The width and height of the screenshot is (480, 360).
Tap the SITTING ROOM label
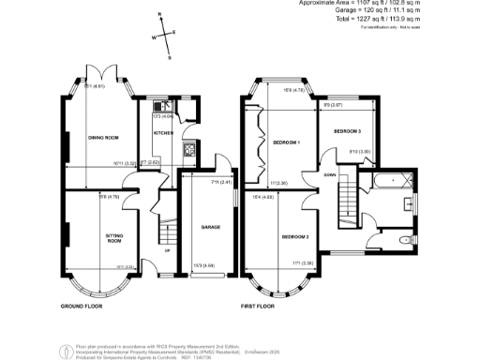(x=114, y=239)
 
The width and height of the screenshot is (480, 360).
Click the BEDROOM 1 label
(x=286, y=142)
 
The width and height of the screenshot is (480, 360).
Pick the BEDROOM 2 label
(x=295, y=235)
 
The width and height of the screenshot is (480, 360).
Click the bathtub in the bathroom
(x=392, y=177)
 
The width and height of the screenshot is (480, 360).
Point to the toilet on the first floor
(x=410, y=202)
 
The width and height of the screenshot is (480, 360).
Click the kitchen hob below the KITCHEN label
(x=187, y=150)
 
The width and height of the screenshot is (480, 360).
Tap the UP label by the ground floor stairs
(x=167, y=251)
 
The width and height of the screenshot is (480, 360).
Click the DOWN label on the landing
(x=330, y=175)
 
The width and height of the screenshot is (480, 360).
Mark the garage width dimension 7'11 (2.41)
(x=214, y=182)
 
